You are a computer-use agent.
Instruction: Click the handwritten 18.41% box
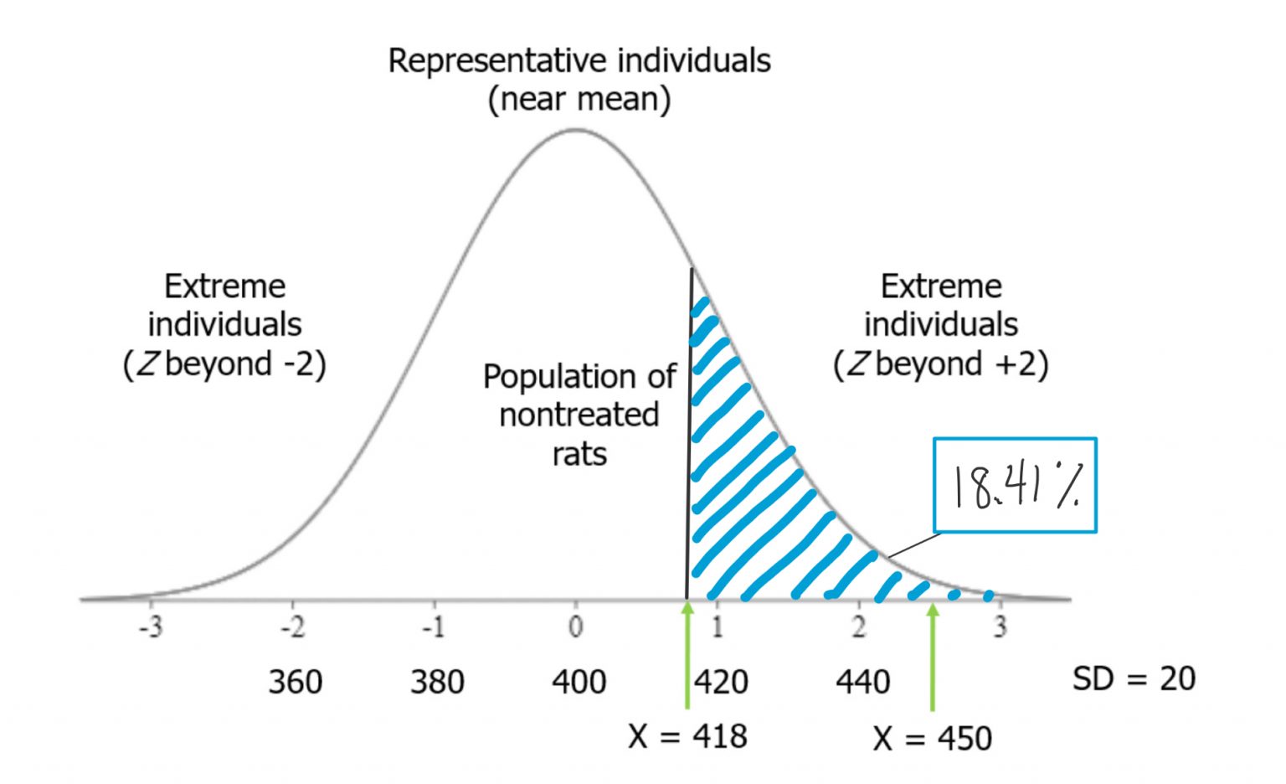(x=1015, y=485)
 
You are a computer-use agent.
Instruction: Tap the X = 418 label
(x=687, y=736)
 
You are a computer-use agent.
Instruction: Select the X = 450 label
(x=932, y=739)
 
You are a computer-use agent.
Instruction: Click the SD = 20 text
(x=1134, y=678)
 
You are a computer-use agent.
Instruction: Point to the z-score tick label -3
(x=151, y=627)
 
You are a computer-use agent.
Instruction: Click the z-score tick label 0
(x=576, y=627)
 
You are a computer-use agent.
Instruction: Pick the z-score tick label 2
(x=859, y=627)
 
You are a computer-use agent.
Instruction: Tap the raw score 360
(x=295, y=682)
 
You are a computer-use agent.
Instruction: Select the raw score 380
(x=437, y=682)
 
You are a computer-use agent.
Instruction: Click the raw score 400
(x=579, y=682)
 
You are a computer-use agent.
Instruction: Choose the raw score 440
(x=862, y=682)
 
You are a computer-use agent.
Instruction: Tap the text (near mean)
(x=579, y=100)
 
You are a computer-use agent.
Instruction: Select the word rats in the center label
(x=579, y=454)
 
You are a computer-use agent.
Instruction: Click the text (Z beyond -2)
(x=224, y=364)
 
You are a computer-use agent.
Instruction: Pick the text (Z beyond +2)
(x=940, y=364)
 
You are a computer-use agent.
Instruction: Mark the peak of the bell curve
(x=576, y=130)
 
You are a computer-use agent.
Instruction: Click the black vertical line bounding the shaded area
(x=690, y=436)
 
